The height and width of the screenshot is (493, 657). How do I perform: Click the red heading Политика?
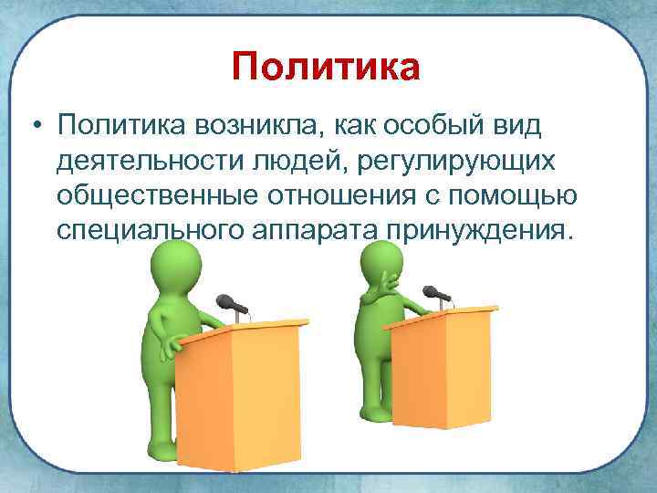pyautogui.click(x=326, y=68)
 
